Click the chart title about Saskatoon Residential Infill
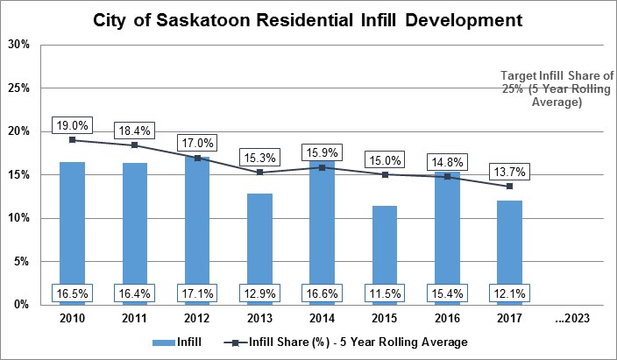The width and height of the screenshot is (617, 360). pyautogui.click(x=308, y=18)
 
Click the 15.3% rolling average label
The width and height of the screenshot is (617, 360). pyautogui.click(x=260, y=157)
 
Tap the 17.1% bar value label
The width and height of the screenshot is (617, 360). pyautogui.click(x=198, y=293)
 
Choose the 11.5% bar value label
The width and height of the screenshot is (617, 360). pyautogui.click(x=385, y=293)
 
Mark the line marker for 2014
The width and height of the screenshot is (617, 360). pyautogui.click(x=323, y=167)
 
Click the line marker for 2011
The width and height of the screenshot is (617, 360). pyautogui.click(x=134, y=145)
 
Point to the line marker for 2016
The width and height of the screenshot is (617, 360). pyautogui.click(x=447, y=176)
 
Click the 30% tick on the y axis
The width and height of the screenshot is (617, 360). pyautogui.click(x=21, y=46)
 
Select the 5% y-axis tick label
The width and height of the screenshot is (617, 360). pyautogui.click(x=23, y=261)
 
